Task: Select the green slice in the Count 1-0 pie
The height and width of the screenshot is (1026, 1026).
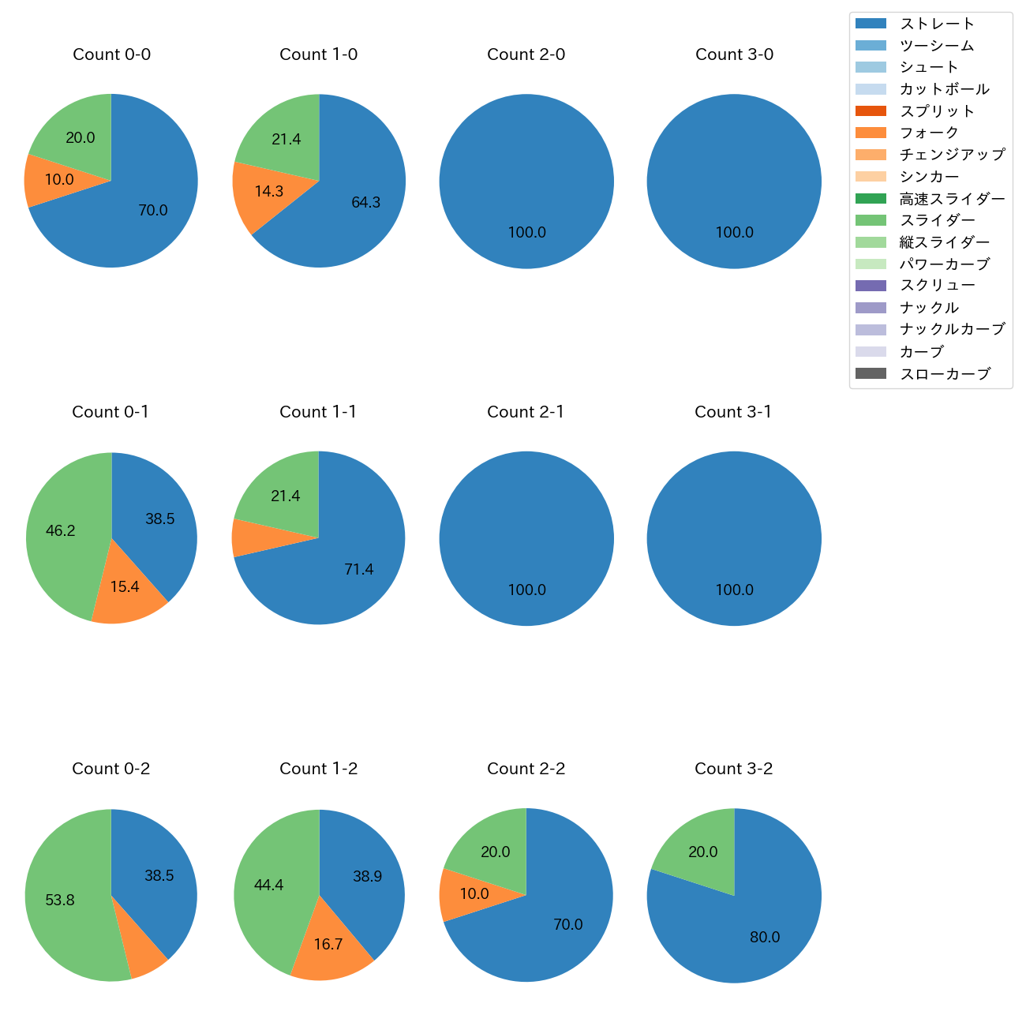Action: pyautogui.click(x=284, y=139)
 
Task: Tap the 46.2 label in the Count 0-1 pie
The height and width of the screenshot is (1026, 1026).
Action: pyautogui.click(x=61, y=531)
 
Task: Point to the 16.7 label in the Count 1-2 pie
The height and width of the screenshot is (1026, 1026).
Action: pyautogui.click(x=328, y=945)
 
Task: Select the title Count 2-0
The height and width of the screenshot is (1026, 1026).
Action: pyautogui.click(x=526, y=54)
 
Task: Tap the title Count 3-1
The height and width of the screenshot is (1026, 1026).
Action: pyautogui.click(x=733, y=412)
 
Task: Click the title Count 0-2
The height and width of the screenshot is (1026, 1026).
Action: pyautogui.click(x=111, y=769)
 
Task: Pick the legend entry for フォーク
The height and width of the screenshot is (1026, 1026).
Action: pyautogui.click(x=929, y=133)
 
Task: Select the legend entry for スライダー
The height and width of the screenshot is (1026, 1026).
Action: pyautogui.click(x=937, y=220)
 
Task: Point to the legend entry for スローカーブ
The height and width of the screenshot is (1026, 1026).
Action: pyautogui.click(x=945, y=374)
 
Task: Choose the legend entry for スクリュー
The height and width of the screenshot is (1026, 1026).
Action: pyautogui.click(x=937, y=286)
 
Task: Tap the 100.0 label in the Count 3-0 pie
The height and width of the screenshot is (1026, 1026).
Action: pyautogui.click(x=734, y=233)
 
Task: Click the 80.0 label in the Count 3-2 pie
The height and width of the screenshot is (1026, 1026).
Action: pyautogui.click(x=765, y=938)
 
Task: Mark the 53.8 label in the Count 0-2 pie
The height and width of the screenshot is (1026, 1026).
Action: pyautogui.click(x=60, y=901)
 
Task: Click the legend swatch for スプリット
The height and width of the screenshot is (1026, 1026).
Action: pyautogui.click(x=871, y=111)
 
